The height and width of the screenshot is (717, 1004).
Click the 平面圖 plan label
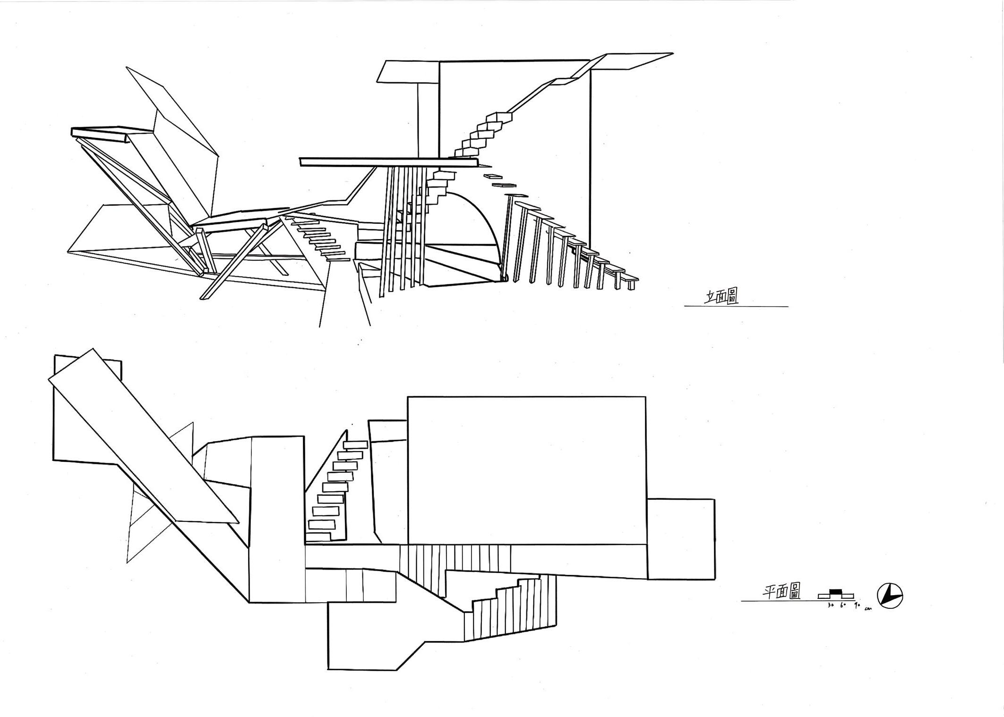782,591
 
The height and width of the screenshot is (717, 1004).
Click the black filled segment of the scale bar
836,591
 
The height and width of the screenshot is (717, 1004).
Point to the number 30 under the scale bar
831,605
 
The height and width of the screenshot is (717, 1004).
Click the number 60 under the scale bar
843,605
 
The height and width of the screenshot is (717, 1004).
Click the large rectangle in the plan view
526,470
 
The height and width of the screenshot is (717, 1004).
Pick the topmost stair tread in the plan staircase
355,444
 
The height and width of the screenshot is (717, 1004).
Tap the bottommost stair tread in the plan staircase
321,524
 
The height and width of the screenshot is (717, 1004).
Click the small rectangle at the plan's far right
680,539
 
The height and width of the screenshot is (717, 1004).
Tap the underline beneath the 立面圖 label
736,307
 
